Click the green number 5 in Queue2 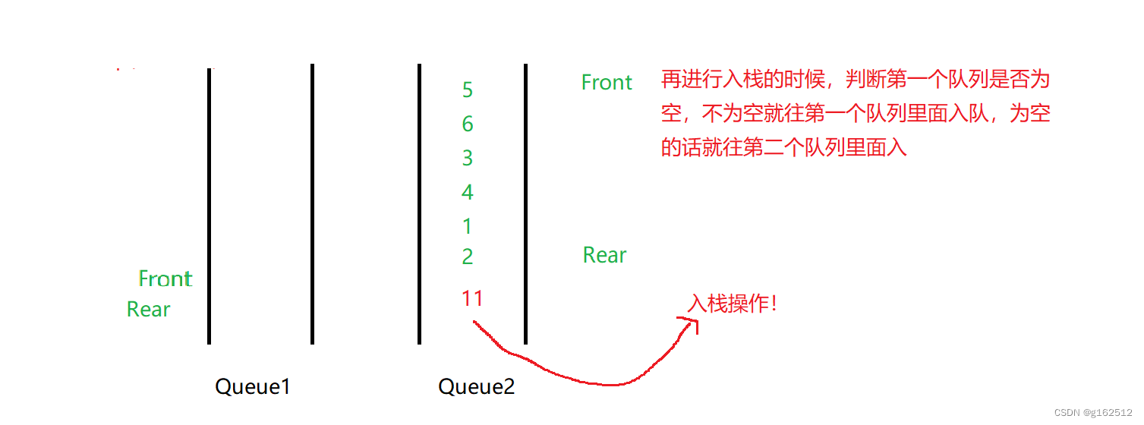[x=468, y=90]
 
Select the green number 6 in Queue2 [x=468, y=124]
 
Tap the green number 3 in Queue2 [x=468, y=158]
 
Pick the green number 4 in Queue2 [x=468, y=192]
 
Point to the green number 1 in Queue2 [x=468, y=226]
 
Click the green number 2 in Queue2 [x=468, y=257]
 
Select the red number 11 [x=472, y=298]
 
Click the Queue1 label [x=253, y=387]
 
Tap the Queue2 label [x=477, y=387]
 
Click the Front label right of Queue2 [x=607, y=82]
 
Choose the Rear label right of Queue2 [x=604, y=255]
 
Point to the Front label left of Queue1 [x=165, y=279]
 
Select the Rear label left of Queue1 [x=149, y=309]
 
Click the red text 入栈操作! [x=733, y=304]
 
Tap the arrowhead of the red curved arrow [x=692, y=323]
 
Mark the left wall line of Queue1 [x=209, y=205]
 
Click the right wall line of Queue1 [x=312, y=205]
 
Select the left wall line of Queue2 [x=419, y=205]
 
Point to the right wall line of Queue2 [x=525, y=205]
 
